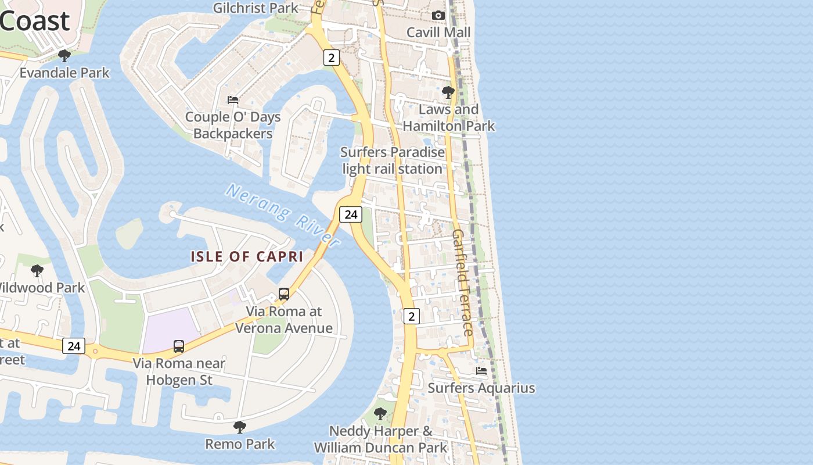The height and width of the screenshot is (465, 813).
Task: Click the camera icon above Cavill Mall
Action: pos(438,15)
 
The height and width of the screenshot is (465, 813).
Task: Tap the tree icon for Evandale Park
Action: pos(64,56)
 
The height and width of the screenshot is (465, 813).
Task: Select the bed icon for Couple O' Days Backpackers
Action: pos(233,100)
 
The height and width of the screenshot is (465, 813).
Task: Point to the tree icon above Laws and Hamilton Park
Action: pos(448,92)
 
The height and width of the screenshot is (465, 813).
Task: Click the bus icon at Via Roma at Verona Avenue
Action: pos(284,294)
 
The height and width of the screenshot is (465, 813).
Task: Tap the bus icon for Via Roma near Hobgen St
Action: pos(179,346)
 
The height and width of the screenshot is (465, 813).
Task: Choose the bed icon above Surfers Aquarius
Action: pos(481,371)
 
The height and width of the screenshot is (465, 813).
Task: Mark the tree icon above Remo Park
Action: pos(239,427)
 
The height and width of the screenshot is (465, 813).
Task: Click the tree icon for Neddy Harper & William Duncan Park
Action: pos(380,414)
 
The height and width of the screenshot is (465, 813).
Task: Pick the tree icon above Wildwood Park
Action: pos(37,270)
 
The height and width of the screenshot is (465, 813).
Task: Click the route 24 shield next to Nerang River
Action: pos(351,214)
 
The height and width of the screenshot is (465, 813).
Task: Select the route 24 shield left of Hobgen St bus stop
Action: pos(74,346)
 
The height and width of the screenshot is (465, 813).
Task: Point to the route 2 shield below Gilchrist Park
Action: pos(331,58)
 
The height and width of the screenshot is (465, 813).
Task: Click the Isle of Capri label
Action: pos(247,256)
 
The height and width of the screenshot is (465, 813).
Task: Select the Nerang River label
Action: pos(283,214)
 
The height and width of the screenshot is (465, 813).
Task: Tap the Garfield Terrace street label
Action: pos(463,282)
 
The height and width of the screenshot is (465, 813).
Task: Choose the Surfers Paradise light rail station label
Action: pos(393,160)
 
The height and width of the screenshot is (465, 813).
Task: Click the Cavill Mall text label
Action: pos(438,32)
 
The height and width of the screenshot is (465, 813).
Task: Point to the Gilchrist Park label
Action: pos(256,8)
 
